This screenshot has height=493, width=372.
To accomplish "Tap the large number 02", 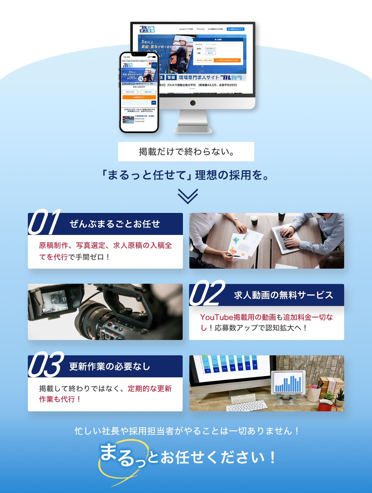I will click(x=207, y=293).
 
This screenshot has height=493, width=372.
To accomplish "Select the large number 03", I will click(x=46, y=365).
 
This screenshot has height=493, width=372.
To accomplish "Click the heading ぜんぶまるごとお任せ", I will click(x=115, y=224).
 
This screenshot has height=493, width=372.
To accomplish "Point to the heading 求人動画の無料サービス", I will click(x=283, y=295).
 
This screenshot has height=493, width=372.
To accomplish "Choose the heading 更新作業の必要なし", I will click(x=110, y=366).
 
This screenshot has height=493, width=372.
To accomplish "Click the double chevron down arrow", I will click(x=188, y=196).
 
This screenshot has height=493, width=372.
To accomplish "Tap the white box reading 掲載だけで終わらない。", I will click(x=186, y=152).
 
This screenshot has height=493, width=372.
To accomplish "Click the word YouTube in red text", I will click(x=216, y=317).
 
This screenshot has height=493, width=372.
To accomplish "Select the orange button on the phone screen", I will click(x=139, y=97).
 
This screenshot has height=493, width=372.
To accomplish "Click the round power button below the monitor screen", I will click(x=193, y=103).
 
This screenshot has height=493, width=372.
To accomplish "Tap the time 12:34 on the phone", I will click(x=127, y=57).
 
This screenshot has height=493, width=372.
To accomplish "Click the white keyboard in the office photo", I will click(x=247, y=405).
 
